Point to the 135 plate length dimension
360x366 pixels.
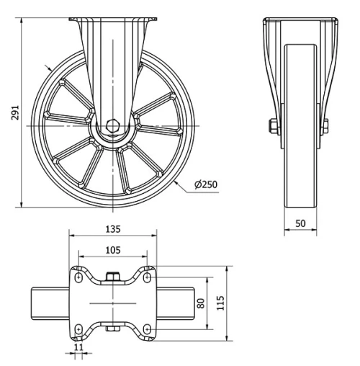coord(112,229)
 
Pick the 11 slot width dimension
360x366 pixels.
coord(79,347)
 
